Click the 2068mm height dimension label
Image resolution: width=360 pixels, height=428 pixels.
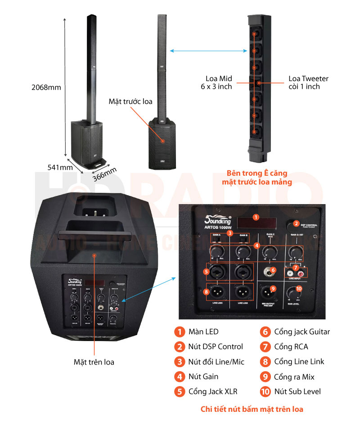click(48, 87)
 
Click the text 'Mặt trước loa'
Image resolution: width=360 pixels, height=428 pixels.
click(130, 101)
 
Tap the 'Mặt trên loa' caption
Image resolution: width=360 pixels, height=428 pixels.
click(94, 361)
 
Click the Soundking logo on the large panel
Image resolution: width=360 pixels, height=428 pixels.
click(218, 220)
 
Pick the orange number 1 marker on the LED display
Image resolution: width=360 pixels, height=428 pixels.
click(256, 217)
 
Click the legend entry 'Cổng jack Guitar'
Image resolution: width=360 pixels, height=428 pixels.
click(302, 332)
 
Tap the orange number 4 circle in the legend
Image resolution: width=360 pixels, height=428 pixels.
click(180, 377)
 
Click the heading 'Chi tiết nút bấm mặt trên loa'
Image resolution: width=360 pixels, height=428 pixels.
click(252, 409)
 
